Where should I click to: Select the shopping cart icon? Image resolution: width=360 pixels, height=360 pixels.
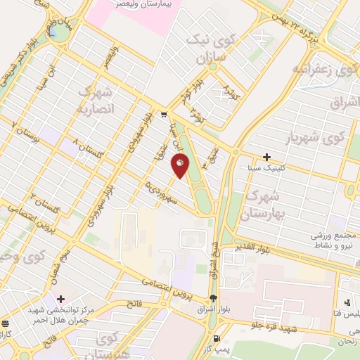(163, 115)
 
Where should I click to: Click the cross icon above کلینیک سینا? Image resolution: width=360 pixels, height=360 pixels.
(266, 157)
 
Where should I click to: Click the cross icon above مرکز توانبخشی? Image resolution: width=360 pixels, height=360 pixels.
(61, 300)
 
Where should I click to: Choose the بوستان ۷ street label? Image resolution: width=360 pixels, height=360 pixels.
(29, 134)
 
